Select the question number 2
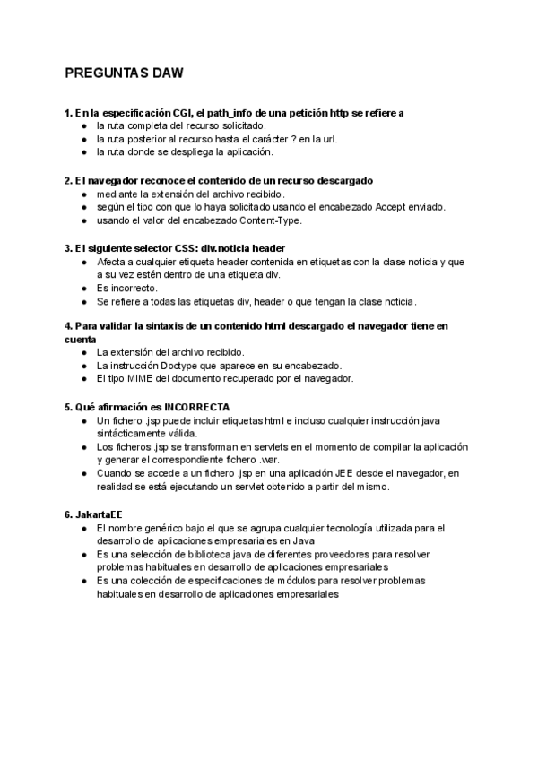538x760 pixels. tap(68, 181)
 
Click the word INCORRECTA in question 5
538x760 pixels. tap(198, 406)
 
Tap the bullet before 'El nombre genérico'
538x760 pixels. tap(83, 529)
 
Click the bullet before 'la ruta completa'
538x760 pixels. tap(83, 126)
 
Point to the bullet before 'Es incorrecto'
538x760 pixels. tap(83, 289)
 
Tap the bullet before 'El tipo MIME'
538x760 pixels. tap(83, 379)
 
